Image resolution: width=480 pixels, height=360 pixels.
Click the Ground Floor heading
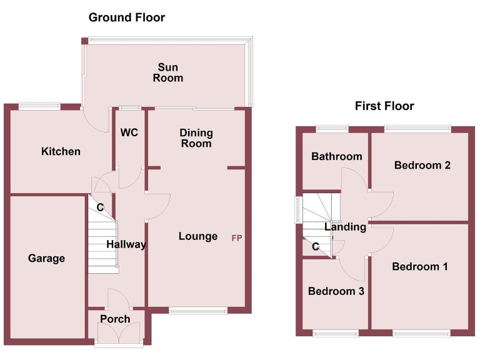[127, 17]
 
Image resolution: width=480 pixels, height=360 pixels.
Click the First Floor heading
[384, 106]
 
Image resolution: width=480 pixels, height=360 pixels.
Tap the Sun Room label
[170, 72]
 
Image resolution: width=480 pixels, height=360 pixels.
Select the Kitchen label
[61, 151]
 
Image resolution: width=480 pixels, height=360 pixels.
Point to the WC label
[129, 132]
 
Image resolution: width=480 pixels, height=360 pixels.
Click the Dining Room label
[196, 138]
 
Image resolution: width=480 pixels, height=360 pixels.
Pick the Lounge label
[198, 236]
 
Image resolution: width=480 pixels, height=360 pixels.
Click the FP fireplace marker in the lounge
[237, 238]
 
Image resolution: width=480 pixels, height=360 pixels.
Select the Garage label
[46, 258]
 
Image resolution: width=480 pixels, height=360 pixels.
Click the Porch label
[116, 319]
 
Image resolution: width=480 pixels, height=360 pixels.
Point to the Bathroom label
[337, 156]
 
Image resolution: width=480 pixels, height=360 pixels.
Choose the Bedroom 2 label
[422, 165]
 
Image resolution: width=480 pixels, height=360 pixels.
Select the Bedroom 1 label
[420, 267]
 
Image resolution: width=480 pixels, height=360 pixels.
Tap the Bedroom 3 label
[336, 291]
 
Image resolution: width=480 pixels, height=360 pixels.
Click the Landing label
[345, 227]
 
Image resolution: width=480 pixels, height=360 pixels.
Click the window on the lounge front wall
[198, 311]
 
